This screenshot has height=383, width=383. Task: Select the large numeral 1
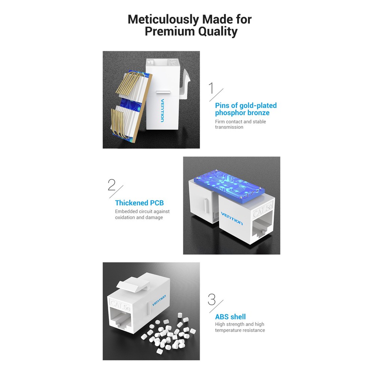pos(212,88)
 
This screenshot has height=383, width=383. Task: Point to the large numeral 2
pos(111,185)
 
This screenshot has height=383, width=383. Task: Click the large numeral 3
pos(212,300)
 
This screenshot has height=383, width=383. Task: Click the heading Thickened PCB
pos(139,203)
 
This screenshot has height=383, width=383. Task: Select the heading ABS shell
pos(230,317)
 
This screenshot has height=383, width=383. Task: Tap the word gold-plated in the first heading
pos(258,106)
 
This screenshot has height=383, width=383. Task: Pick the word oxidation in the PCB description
pos(126,217)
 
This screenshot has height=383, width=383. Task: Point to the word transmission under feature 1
pos(229,127)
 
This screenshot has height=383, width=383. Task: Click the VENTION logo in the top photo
pos(162,110)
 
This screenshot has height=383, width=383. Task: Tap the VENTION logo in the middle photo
pos(232,218)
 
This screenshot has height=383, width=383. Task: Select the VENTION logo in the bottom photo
pos(159,300)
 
